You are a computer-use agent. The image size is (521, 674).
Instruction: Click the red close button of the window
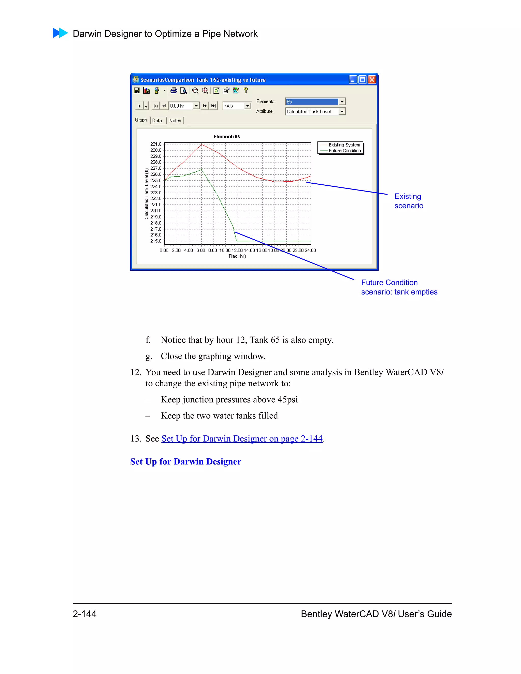click(372, 80)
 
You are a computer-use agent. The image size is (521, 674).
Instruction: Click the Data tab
click(157, 121)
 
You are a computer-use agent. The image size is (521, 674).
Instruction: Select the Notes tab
click(175, 121)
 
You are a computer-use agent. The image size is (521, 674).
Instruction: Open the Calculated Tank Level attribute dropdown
click(342, 111)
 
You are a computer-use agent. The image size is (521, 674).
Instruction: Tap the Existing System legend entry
click(344, 145)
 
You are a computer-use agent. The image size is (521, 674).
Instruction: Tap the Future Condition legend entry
click(344, 151)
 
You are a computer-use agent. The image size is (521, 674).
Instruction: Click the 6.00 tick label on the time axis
click(201, 250)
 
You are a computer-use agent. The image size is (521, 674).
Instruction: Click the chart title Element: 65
click(227, 137)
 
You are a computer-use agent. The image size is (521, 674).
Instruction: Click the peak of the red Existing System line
click(202, 144)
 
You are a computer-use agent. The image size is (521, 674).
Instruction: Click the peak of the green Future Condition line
click(201, 169)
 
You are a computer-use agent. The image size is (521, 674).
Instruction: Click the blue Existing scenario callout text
click(408, 201)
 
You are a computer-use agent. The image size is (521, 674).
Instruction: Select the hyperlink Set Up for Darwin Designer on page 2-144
click(242, 438)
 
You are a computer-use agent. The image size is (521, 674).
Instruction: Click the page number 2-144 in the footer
click(84, 614)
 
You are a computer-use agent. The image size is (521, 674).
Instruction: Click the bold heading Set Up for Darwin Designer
click(185, 461)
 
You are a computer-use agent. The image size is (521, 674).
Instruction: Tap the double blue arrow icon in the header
click(60, 33)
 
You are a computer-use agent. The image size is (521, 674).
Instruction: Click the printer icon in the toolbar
click(174, 91)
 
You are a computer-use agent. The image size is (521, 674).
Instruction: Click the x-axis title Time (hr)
click(237, 256)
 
